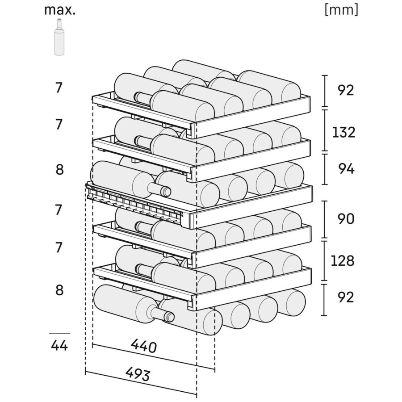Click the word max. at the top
[60, 10]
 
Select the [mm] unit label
[341, 10]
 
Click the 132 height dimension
[343, 132]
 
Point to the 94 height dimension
[346, 169]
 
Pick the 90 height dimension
[346, 219]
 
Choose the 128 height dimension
[343, 260]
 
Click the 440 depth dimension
[143, 346]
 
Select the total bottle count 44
[59, 346]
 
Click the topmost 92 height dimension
[346, 90]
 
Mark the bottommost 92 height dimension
[346, 297]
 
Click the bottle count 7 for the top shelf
[59, 88]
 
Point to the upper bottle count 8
[59, 169]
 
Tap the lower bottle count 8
[59, 290]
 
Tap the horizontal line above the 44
[59, 333]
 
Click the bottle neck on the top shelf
[143, 98]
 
